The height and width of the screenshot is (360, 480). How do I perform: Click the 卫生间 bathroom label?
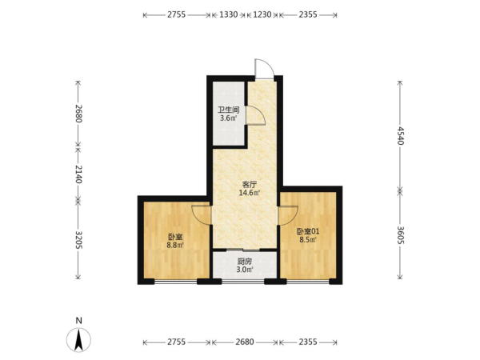(228, 110)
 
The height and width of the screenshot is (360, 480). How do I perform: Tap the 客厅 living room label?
(249, 185)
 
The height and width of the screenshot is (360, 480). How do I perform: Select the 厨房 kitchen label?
(245, 262)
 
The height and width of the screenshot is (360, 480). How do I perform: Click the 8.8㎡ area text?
(175, 245)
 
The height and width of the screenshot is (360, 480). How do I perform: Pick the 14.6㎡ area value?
(249, 193)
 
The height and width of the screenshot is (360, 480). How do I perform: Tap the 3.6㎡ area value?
(229, 118)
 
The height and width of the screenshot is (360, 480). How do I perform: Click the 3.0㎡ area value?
(245, 270)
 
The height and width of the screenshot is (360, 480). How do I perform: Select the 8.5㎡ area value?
(308, 240)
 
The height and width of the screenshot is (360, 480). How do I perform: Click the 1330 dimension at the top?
(229, 14)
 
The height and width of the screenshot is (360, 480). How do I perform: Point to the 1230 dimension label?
(262, 14)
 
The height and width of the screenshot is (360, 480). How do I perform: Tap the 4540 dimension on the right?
(401, 135)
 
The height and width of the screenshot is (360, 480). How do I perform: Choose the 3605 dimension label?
(401, 235)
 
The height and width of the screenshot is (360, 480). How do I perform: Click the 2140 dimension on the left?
(78, 174)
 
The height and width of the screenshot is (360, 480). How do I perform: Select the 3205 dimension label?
(78, 239)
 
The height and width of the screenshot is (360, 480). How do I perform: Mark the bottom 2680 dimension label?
(245, 342)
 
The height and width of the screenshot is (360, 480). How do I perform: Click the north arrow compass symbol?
(78, 339)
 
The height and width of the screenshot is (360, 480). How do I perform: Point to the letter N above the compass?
(79, 321)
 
